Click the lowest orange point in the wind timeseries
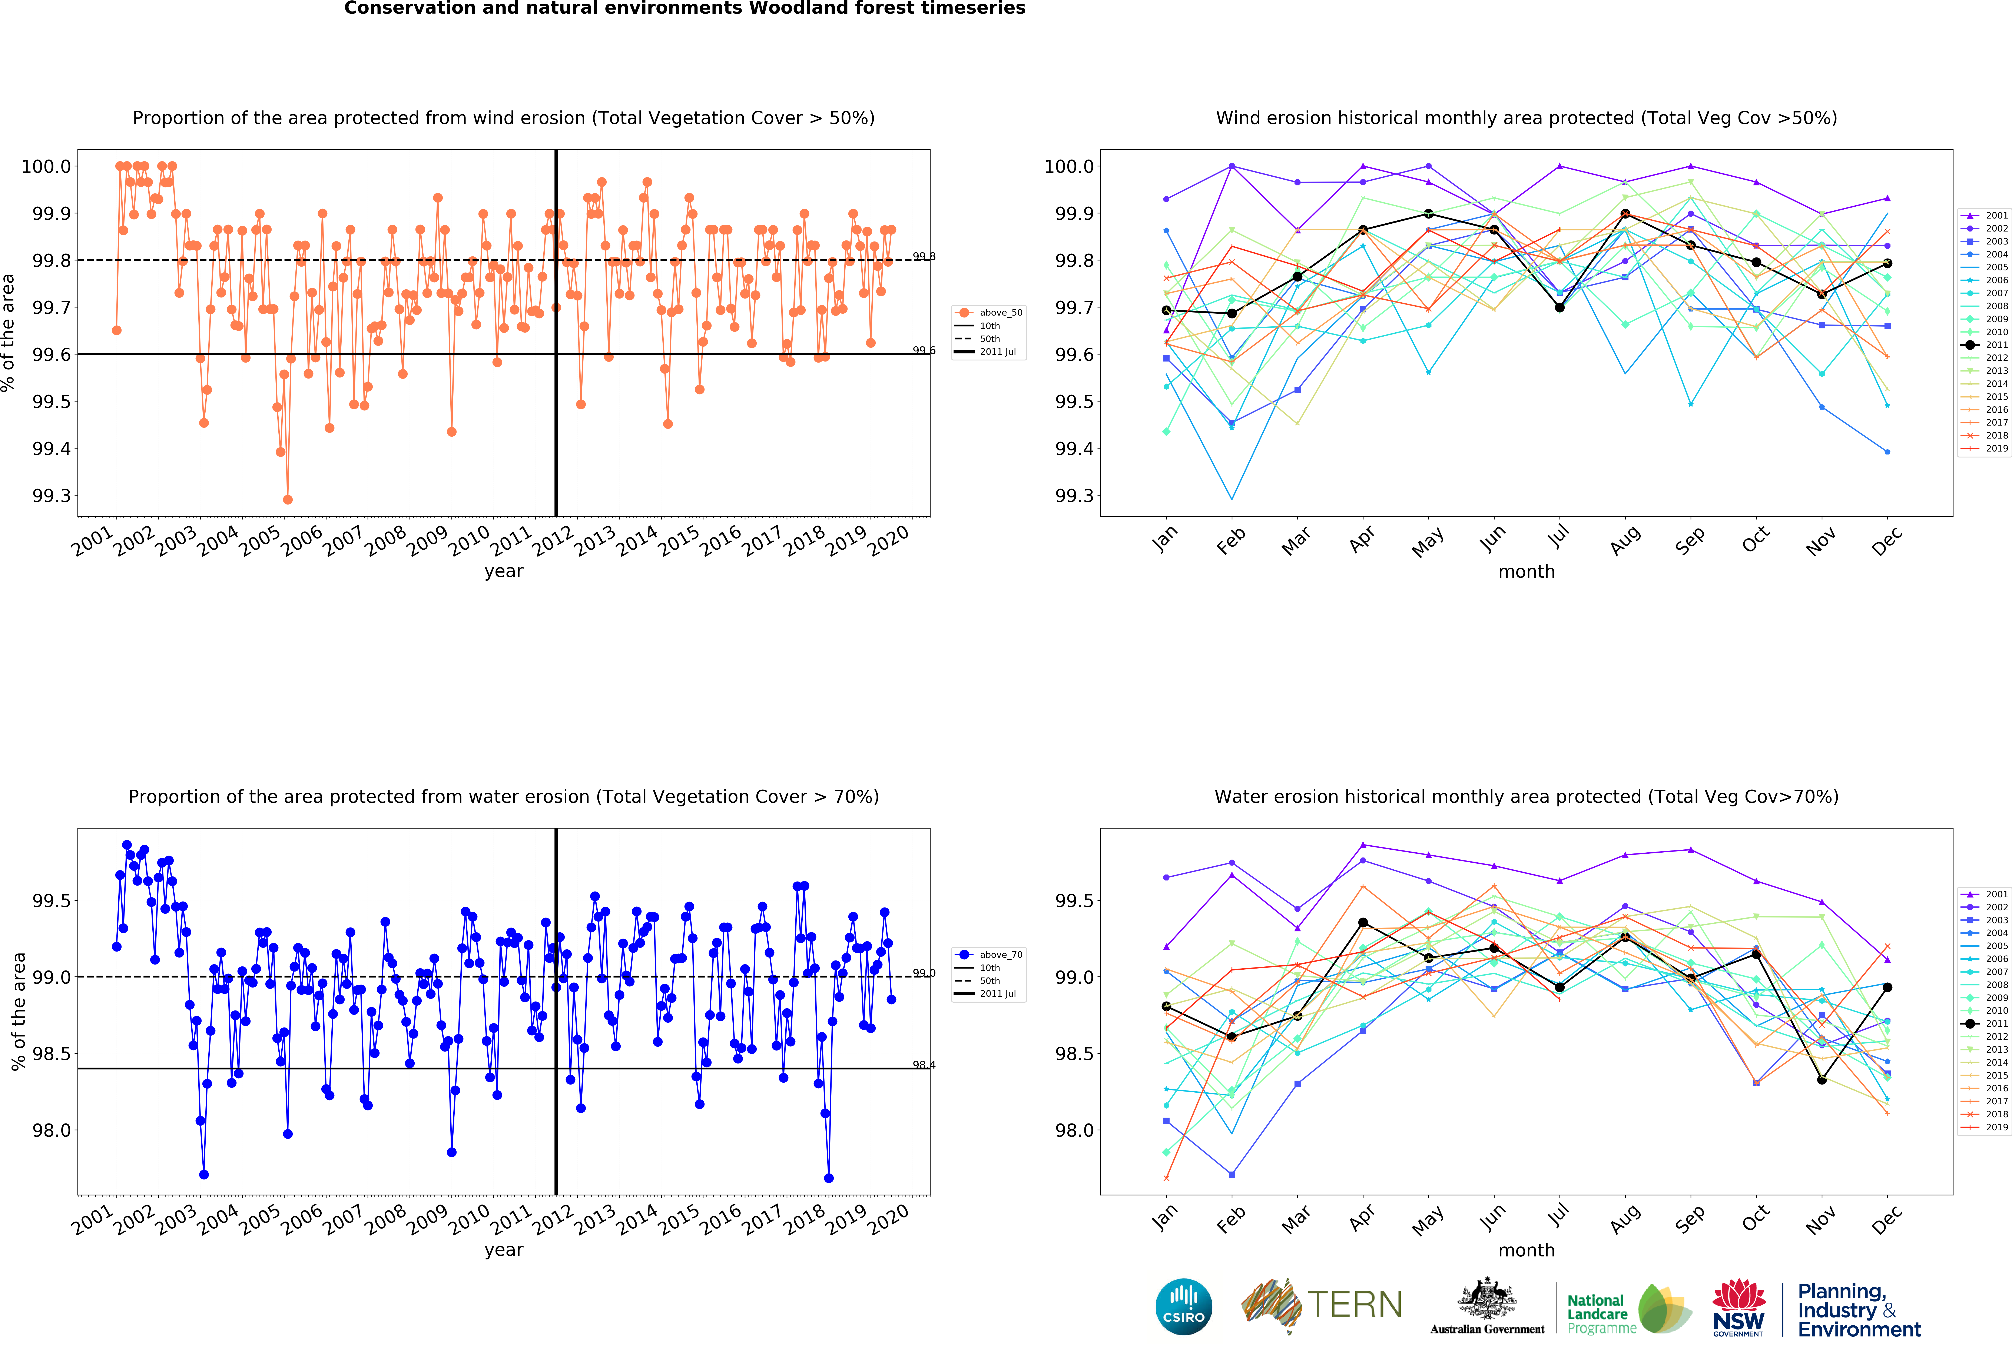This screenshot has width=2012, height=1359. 287,499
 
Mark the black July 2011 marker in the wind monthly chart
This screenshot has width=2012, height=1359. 1559,307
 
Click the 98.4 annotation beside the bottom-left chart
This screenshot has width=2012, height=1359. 924,1065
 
